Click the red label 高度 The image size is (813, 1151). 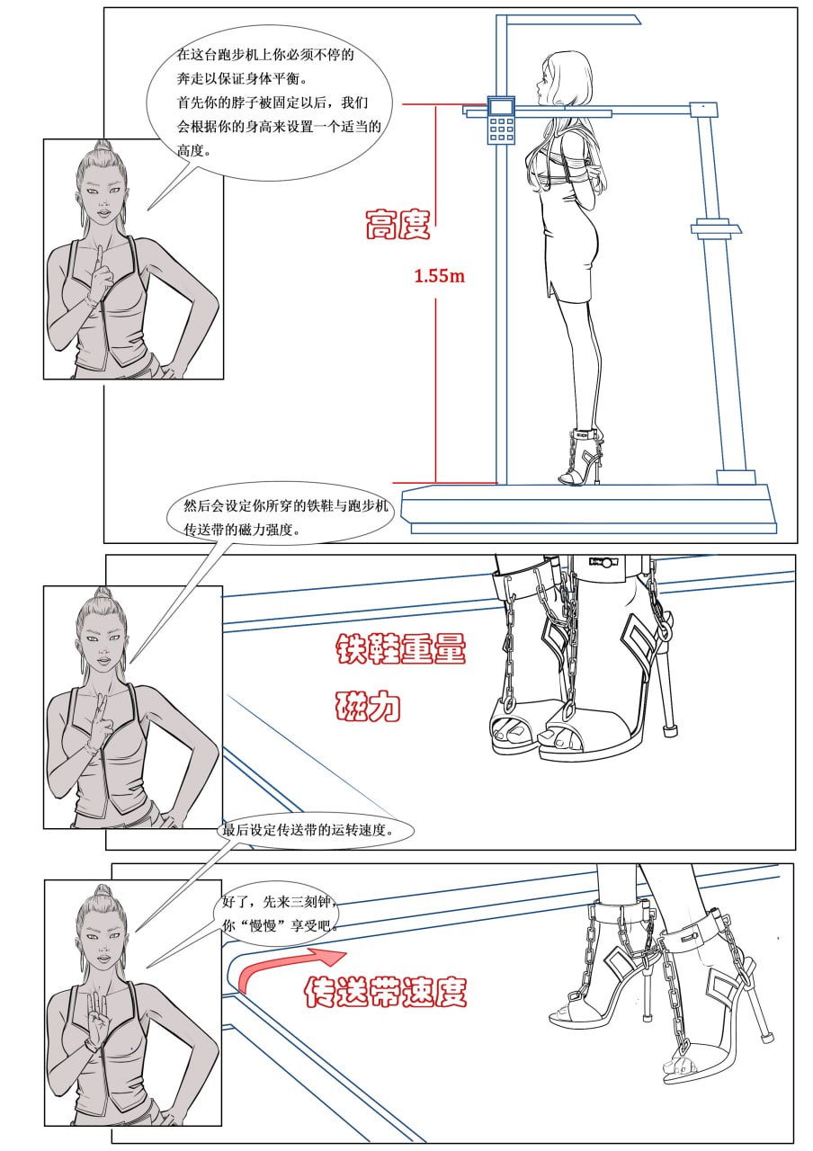tap(398, 224)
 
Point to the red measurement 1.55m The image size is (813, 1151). tap(440, 276)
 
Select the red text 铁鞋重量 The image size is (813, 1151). tap(401, 648)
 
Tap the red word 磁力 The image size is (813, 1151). tap(368, 706)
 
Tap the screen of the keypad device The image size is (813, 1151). tap(501, 107)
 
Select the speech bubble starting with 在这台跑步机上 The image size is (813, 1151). tap(269, 103)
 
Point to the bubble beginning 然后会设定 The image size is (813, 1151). tap(280, 513)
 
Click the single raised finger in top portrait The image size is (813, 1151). tap(99, 260)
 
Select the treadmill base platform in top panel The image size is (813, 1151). tap(588, 509)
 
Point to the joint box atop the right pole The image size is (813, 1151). tap(703, 110)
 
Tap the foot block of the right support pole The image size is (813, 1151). tap(736, 477)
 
